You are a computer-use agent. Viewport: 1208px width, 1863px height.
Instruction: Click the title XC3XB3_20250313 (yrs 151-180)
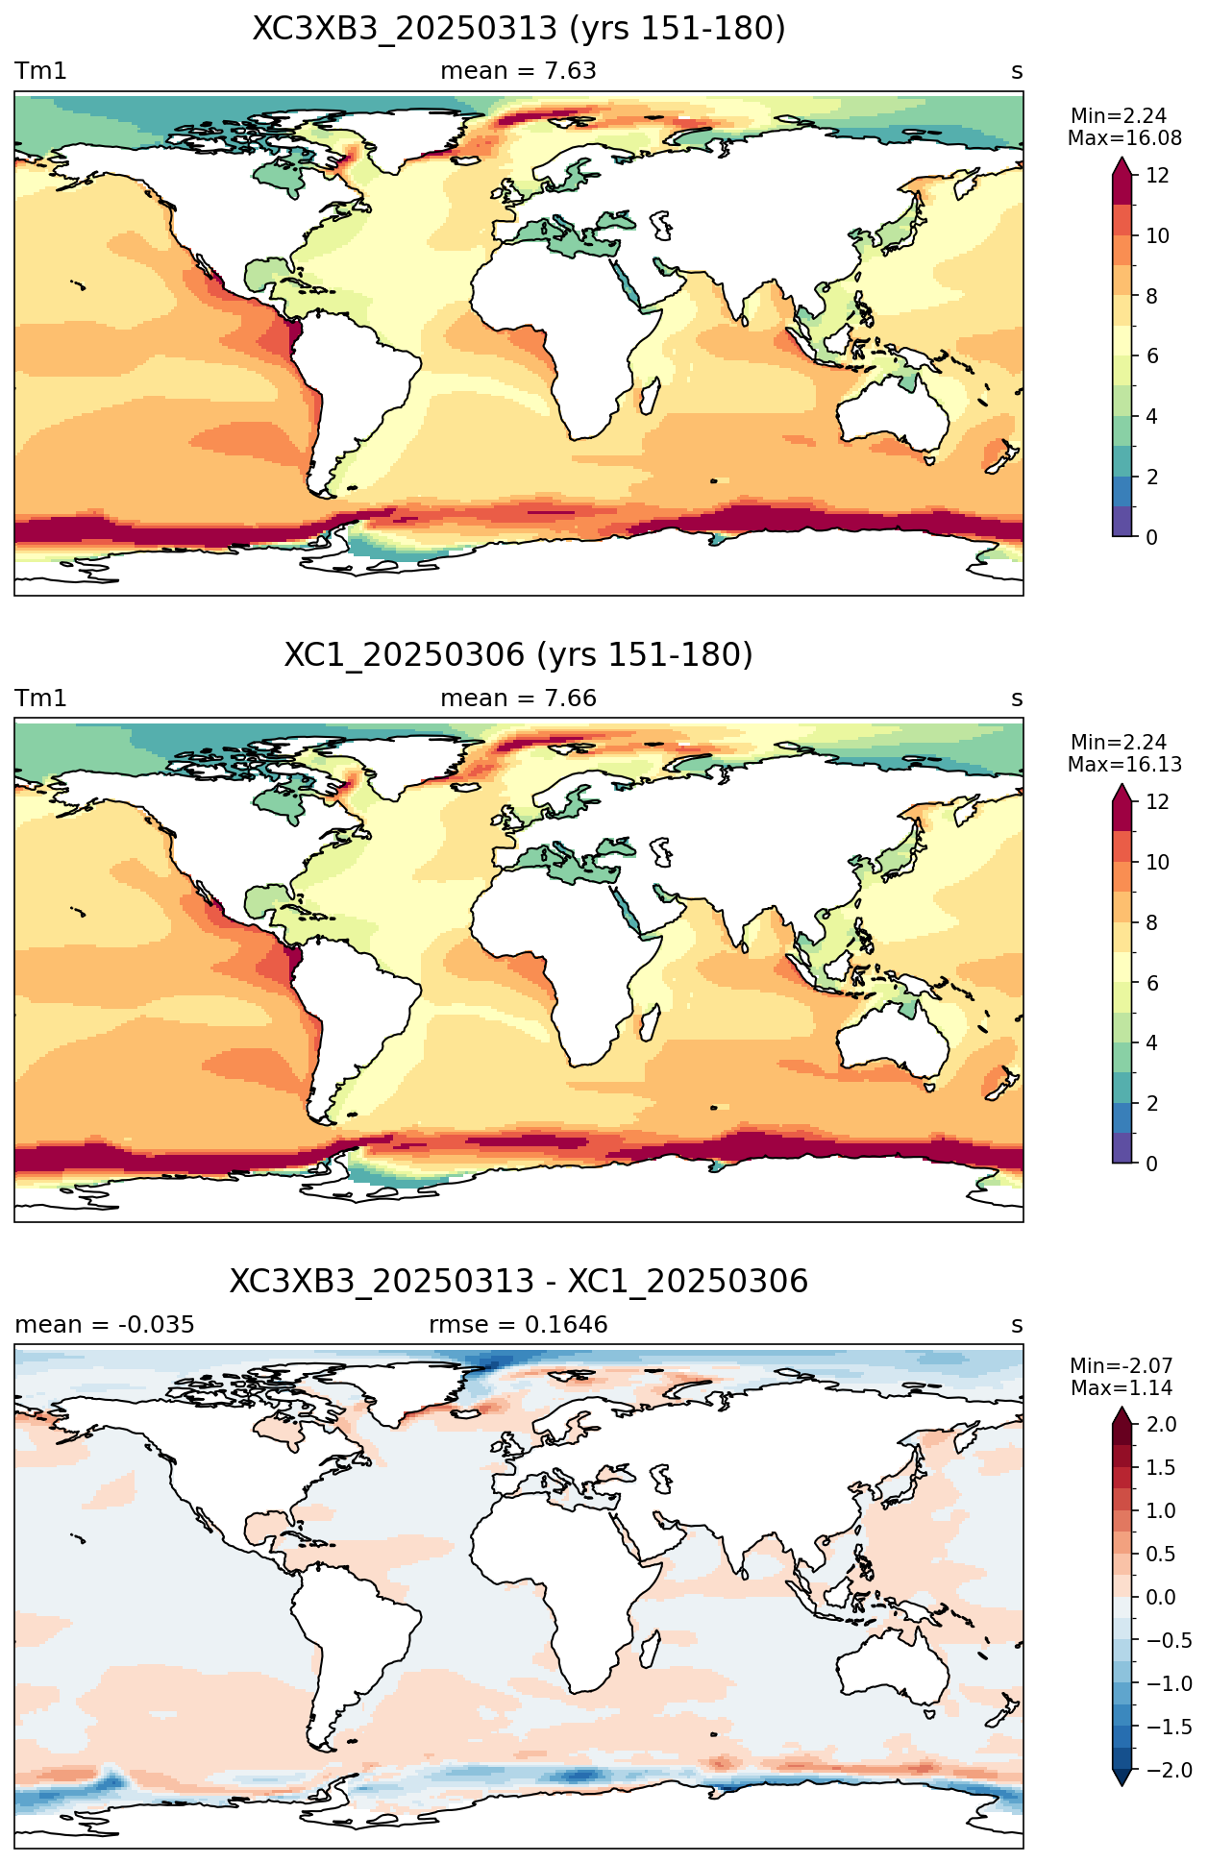(x=519, y=29)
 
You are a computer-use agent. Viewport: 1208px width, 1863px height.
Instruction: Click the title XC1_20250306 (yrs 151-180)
(x=519, y=655)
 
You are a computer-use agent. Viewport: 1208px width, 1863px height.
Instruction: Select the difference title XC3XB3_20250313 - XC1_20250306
(x=519, y=1282)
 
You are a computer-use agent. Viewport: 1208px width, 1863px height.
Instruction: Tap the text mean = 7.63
(x=519, y=71)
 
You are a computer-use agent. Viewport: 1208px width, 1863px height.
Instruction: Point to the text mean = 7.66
(x=519, y=699)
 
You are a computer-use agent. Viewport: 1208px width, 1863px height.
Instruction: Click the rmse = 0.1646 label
(x=519, y=1325)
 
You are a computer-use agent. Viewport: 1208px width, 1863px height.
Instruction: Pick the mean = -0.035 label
(x=105, y=1325)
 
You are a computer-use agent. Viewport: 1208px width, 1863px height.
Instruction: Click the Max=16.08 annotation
(x=1124, y=138)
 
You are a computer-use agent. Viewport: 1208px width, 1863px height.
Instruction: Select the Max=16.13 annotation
(x=1124, y=765)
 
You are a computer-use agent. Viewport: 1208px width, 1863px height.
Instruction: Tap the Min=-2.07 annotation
(x=1121, y=1366)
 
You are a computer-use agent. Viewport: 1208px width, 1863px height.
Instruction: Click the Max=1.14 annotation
(x=1121, y=1388)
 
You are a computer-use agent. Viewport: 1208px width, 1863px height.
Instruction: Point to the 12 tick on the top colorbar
(x=1158, y=176)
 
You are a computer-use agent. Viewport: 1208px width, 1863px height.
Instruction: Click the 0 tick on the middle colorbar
(x=1152, y=1164)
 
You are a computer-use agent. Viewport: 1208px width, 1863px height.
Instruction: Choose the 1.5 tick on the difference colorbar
(x=1162, y=1467)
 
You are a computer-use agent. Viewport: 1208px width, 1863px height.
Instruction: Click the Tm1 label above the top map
(x=40, y=71)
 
